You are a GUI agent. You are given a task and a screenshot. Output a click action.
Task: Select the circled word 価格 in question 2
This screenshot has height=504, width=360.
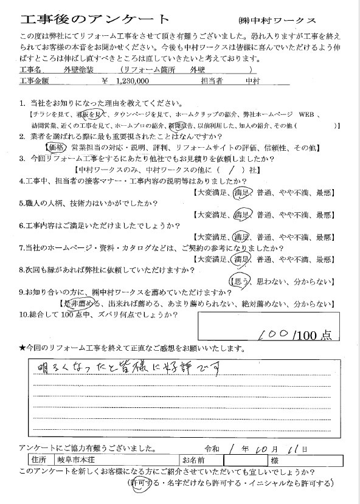click(x=57, y=148)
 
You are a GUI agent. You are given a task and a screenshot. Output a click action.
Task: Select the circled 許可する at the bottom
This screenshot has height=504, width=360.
click(x=144, y=483)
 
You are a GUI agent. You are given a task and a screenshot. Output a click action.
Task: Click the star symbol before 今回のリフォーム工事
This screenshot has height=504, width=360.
click(x=22, y=348)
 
